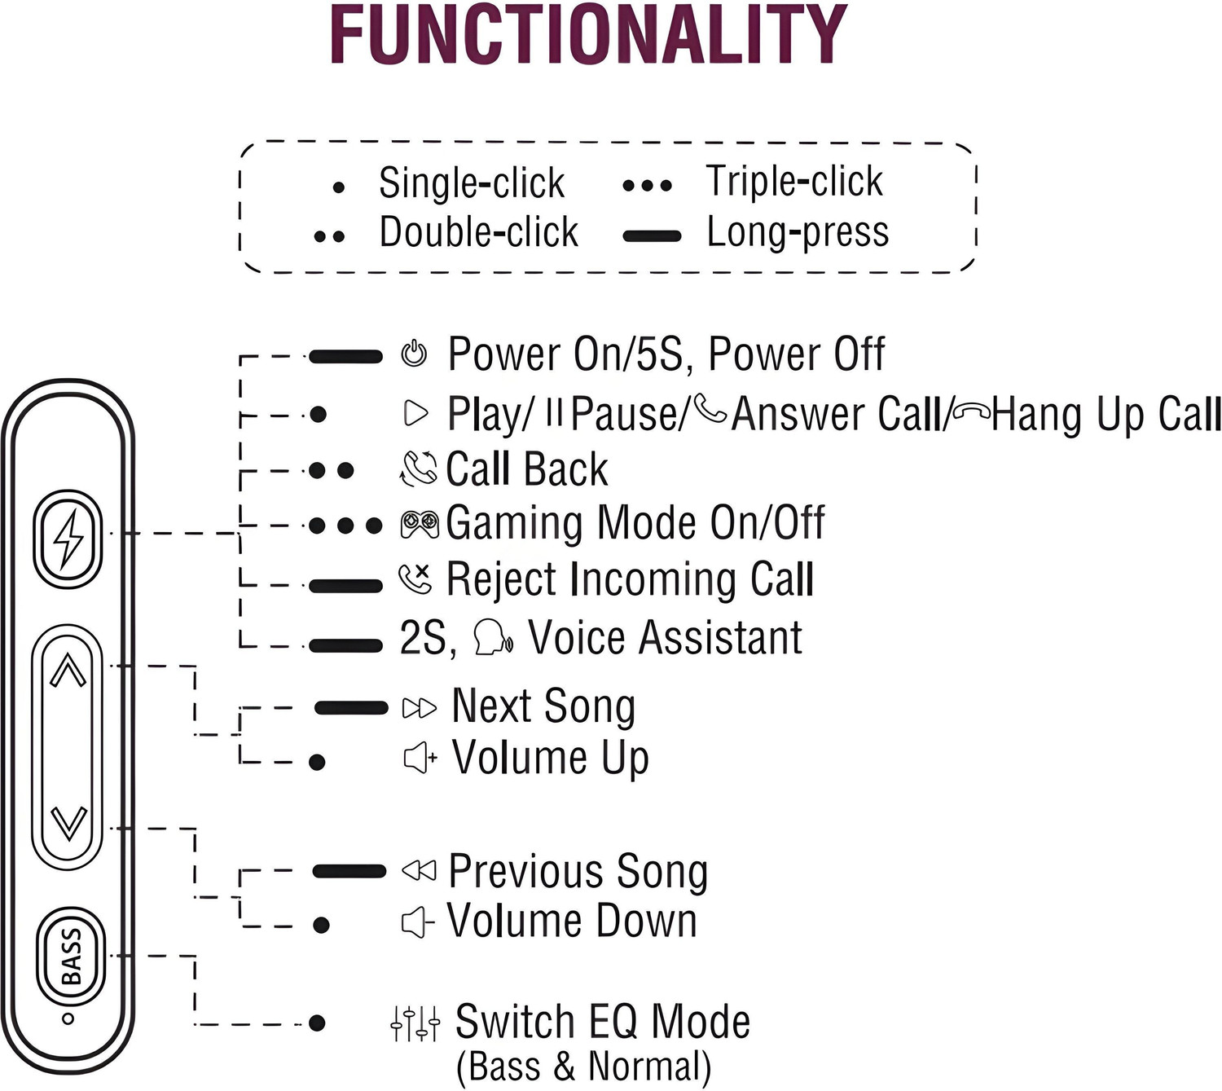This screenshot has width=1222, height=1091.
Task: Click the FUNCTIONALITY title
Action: pyautogui.click(x=589, y=34)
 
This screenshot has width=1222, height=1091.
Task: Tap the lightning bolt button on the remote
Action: pyautogui.click(x=68, y=539)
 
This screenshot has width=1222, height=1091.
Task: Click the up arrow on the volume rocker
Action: pyautogui.click(x=68, y=670)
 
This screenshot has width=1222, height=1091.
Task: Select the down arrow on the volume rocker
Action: pyautogui.click(x=68, y=823)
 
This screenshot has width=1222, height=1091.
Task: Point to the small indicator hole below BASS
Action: pyautogui.click(x=68, y=1018)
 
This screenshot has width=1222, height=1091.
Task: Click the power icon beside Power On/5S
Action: pyautogui.click(x=415, y=354)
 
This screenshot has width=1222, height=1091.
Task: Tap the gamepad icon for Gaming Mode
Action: pyautogui.click(x=420, y=525)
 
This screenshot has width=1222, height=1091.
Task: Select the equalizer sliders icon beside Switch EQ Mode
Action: pyautogui.click(x=415, y=1023)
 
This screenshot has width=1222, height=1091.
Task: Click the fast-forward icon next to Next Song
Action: pyautogui.click(x=420, y=708)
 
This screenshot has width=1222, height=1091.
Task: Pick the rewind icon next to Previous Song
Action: pyautogui.click(x=419, y=870)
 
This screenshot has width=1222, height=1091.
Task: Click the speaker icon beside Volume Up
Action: pyautogui.click(x=420, y=758)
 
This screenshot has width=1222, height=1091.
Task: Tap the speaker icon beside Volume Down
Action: pyautogui.click(x=417, y=922)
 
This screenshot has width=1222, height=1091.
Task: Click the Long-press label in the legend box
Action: pyautogui.click(x=798, y=232)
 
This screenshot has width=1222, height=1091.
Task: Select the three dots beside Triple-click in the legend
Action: pyautogui.click(x=647, y=185)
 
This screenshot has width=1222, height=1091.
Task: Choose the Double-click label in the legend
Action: pyautogui.click(x=479, y=231)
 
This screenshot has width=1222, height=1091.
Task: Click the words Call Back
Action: pyautogui.click(x=526, y=469)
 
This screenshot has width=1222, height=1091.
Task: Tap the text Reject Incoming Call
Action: pyautogui.click(x=631, y=578)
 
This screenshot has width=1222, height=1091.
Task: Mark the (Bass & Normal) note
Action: pyautogui.click(x=584, y=1067)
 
